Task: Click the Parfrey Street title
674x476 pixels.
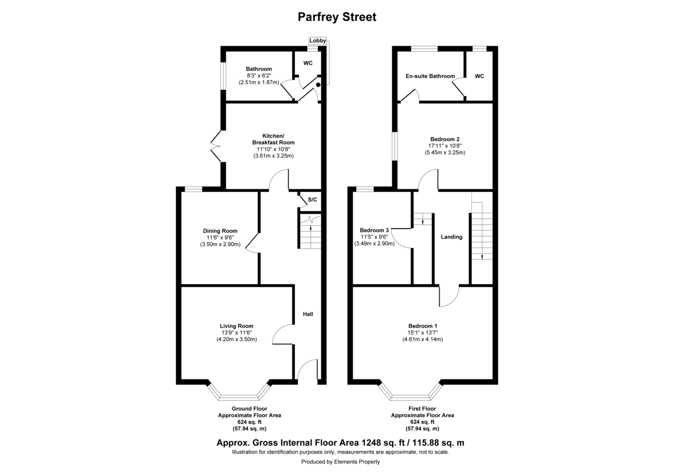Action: pyautogui.click(x=336, y=17)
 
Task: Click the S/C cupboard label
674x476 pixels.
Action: pyautogui.click(x=312, y=200)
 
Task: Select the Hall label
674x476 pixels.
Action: pyautogui.click(x=308, y=314)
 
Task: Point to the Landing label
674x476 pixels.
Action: pyautogui.click(x=452, y=237)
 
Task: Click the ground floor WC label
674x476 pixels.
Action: pyautogui.click(x=308, y=63)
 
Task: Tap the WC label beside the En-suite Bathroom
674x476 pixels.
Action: pyautogui.click(x=479, y=76)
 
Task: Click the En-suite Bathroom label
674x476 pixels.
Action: pyautogui.click(x=430, y=76)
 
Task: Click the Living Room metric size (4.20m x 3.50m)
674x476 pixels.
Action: pyautogui.click(x=236, y=339)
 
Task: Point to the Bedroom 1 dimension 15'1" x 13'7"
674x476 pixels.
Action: pyautogui.click(x=422, y=333)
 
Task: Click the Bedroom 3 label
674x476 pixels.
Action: pyautogui.click(x=374, y=230)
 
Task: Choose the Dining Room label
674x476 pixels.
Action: pyautogui.click(x=220, y=231)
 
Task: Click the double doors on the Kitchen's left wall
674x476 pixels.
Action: pyautogui.click(x=217, y=145)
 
